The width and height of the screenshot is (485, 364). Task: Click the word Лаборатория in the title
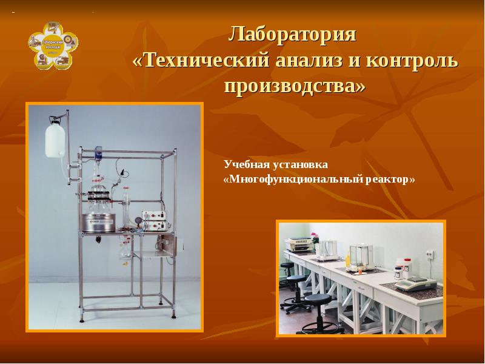click(292, 34)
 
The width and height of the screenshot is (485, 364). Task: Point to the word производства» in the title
click(295, 86)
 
